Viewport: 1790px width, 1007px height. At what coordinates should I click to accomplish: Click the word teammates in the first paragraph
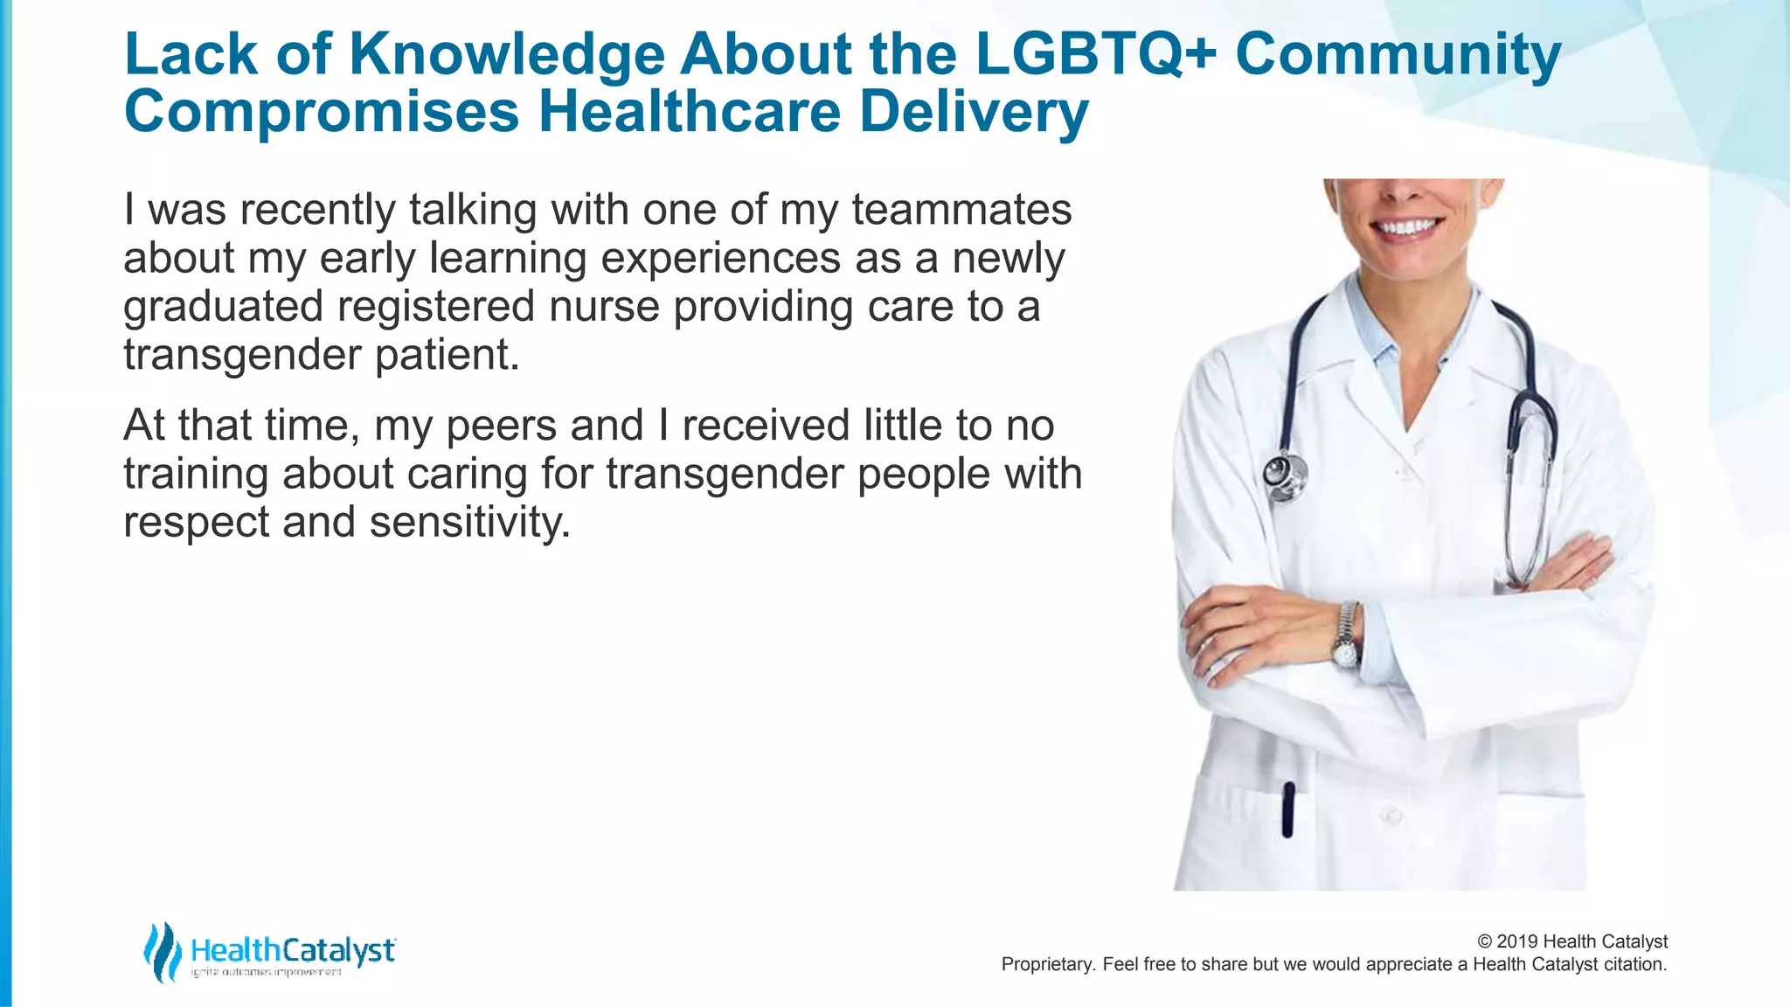pyautogui.click(x=961, y=210)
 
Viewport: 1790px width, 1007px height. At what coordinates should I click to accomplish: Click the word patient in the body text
pyautogui.click(x=447, y=355)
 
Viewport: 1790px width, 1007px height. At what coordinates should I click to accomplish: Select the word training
pyautogui.click(x=196, y=475)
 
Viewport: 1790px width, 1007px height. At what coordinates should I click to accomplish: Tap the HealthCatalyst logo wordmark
pyautogui.click(x=293, y=950)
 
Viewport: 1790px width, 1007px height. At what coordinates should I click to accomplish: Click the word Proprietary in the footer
pyautogui.click(x=1046, y=964)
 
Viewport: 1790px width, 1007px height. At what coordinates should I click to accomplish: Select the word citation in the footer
pyautogui.click(x=1634, y=964)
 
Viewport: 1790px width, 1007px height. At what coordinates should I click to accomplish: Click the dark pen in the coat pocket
pyautogui.click(x=1287, y=809)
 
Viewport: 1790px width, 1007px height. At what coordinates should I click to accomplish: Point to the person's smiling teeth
pyautogui.click(x=1407, y=228)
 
